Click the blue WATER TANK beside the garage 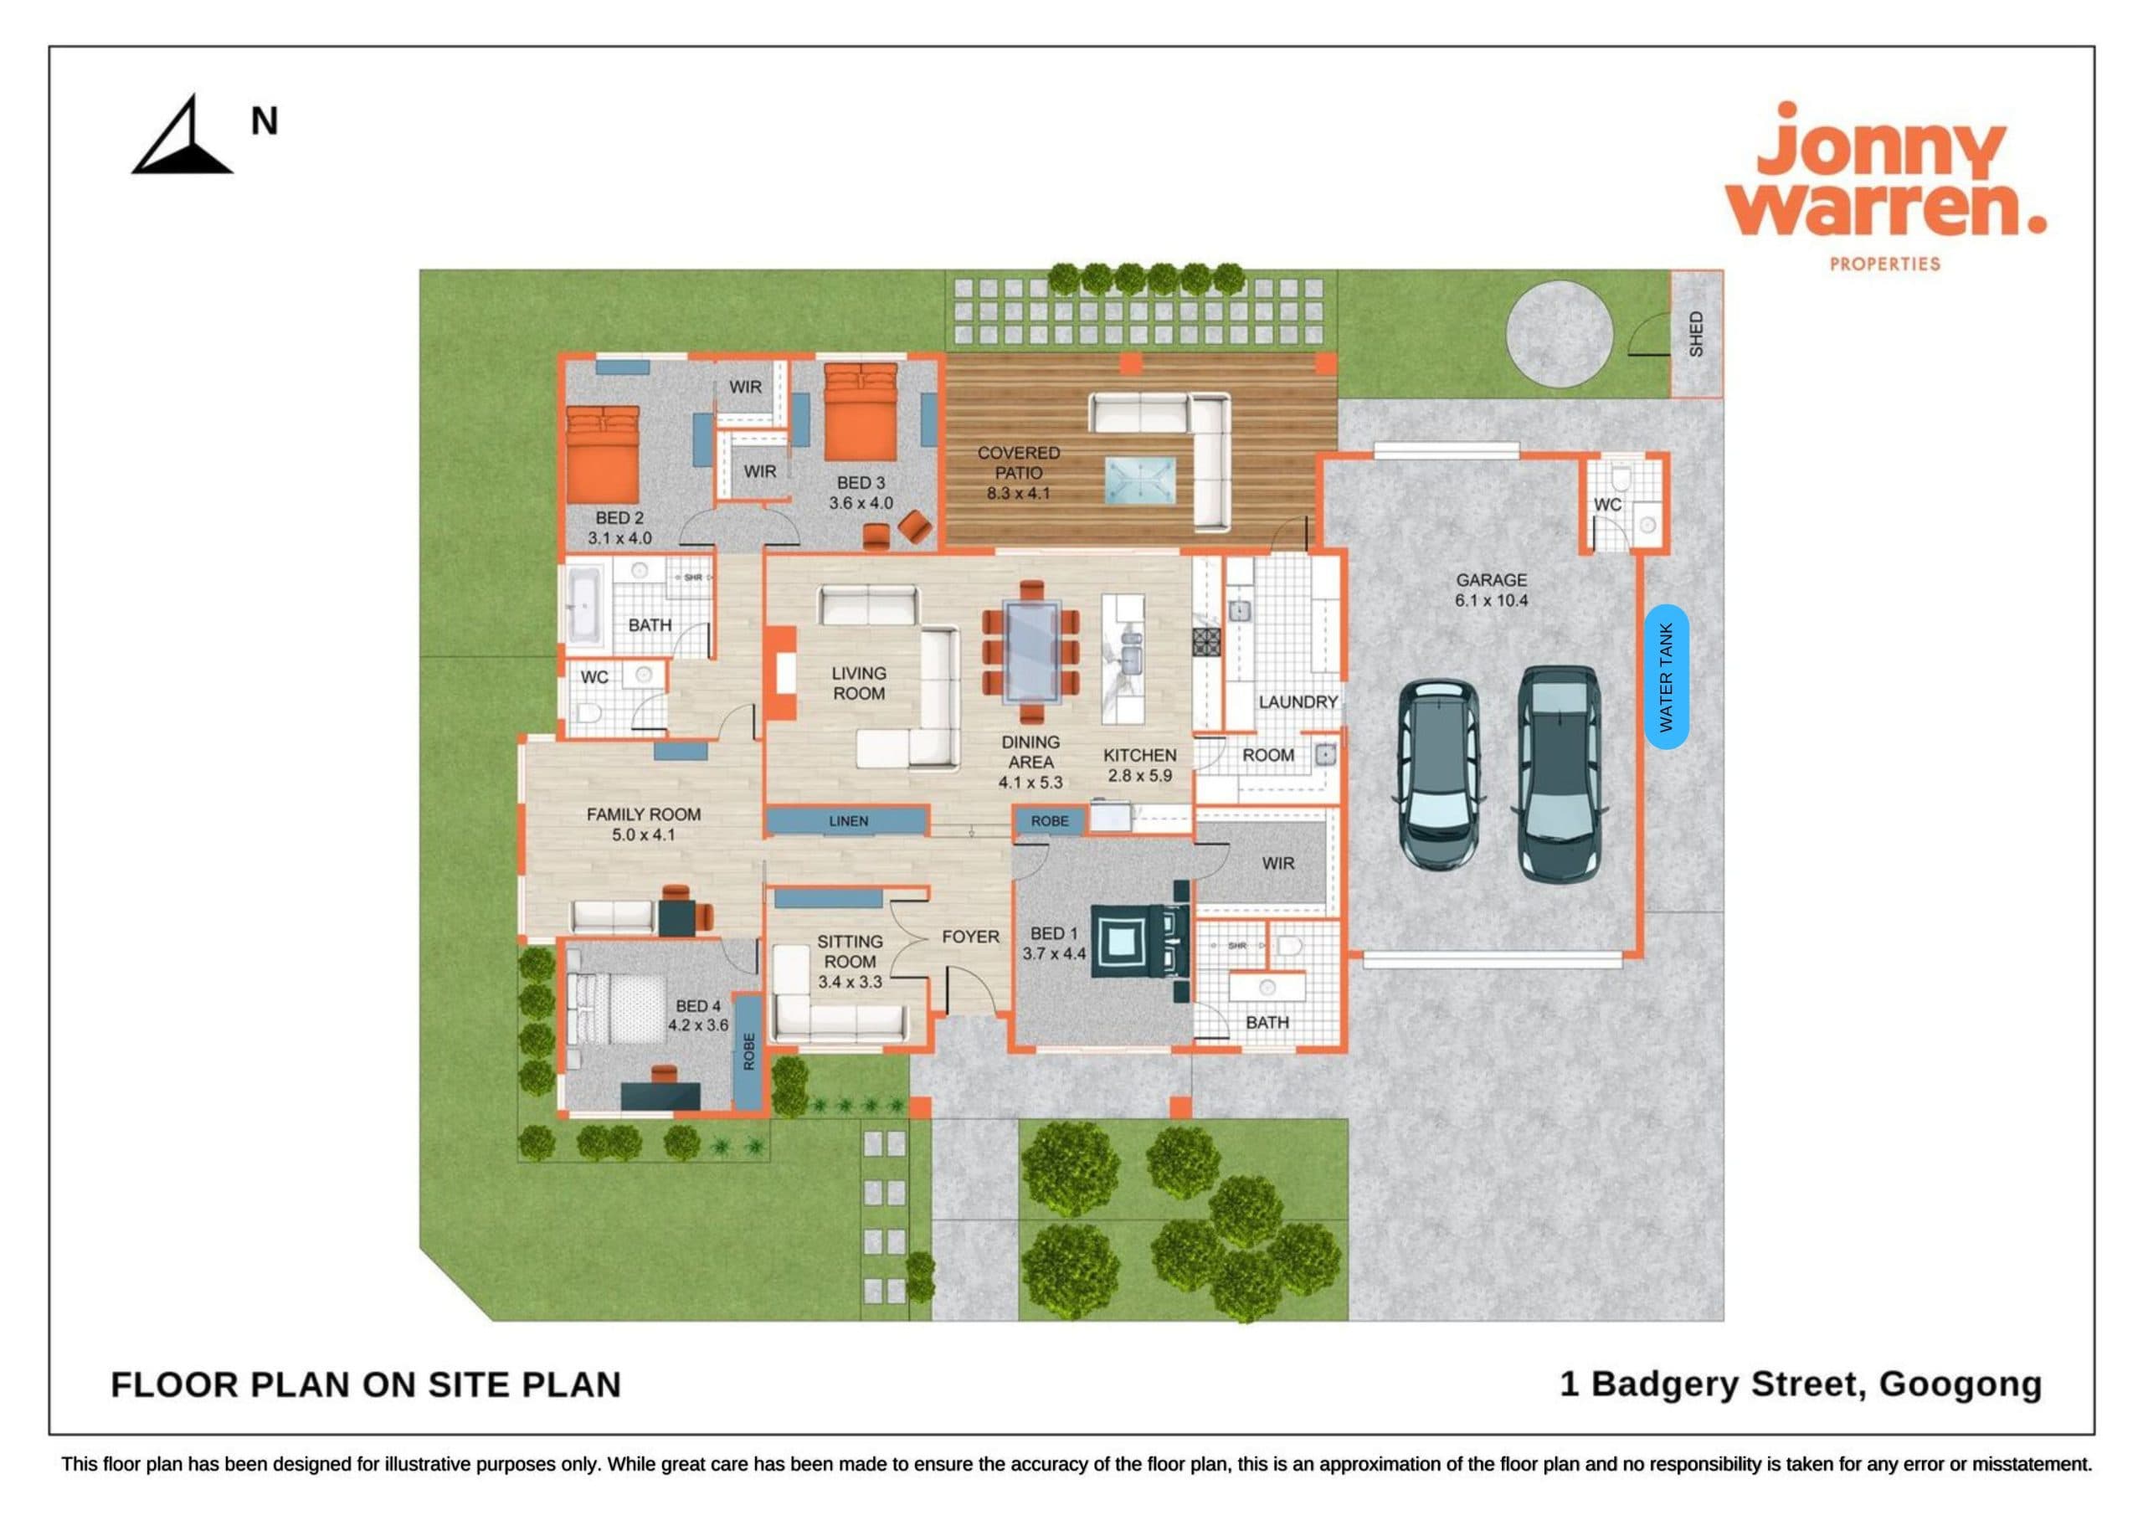click(1666, 677)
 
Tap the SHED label click(1696, 333)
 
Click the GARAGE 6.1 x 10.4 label click(1491, 590)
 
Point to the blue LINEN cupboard click(847, 821)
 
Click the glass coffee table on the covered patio click(1141, 481)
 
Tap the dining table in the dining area click(1031, 651)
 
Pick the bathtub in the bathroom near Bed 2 click(585, 604)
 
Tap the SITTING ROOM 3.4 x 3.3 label click(850, 962)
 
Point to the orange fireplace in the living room click(780, 673)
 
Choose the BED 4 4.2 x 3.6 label click(698, 1015)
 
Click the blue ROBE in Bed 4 click(748, 1051)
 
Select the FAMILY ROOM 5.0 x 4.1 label click(643, 824)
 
